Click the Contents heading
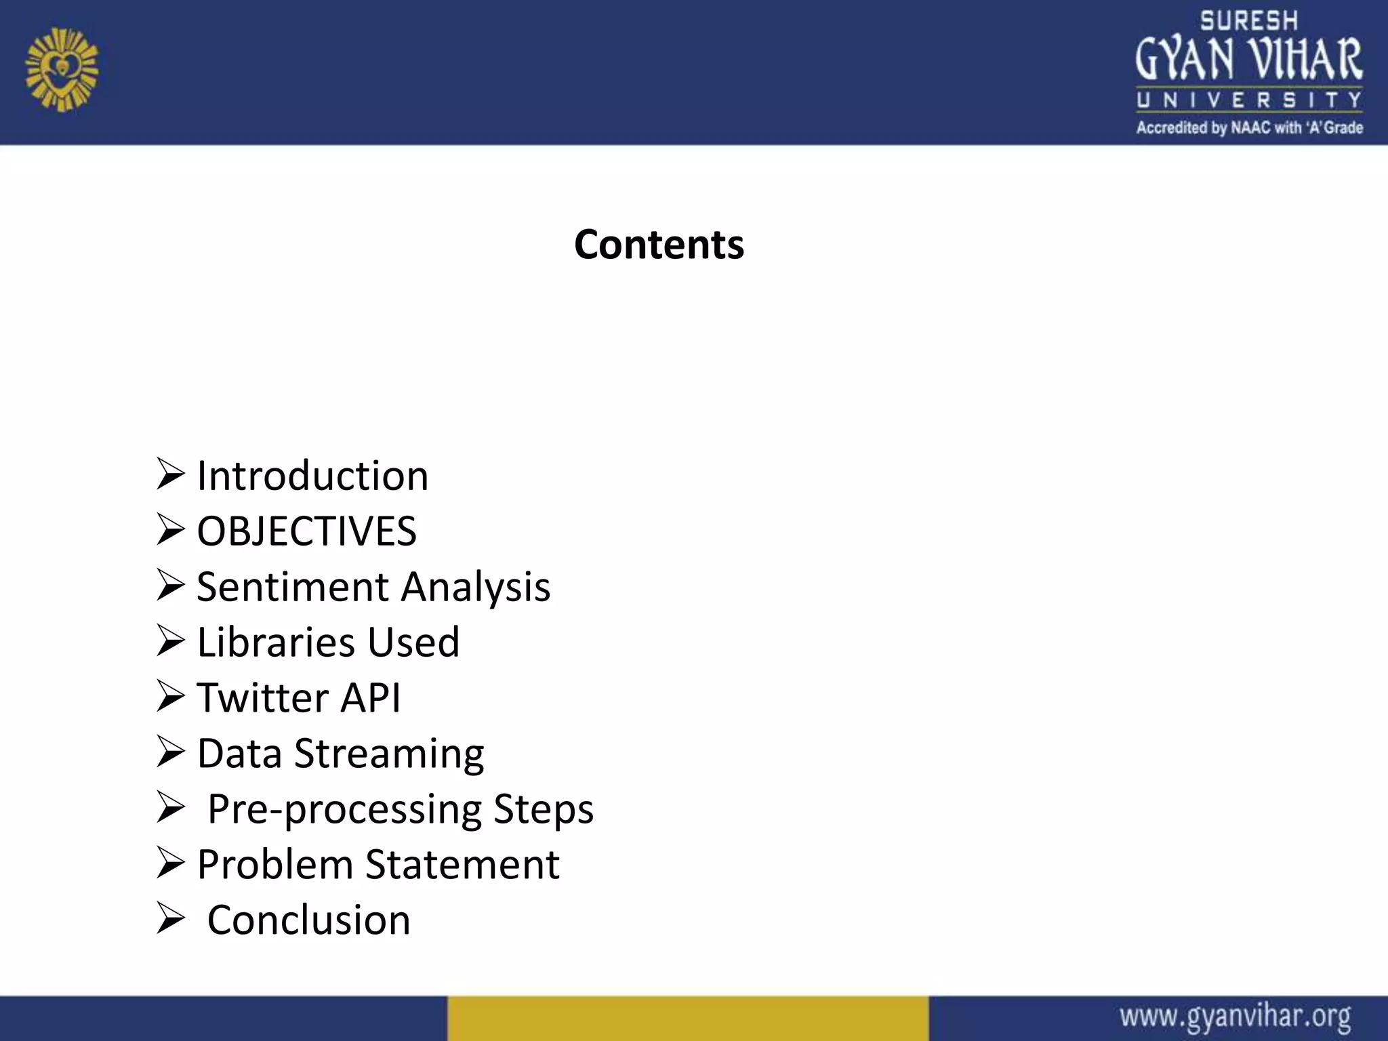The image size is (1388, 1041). pos(659,244)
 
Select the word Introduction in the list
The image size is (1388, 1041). pos(312,476)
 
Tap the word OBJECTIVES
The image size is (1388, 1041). pos(306,531)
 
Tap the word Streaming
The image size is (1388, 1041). pos(389,754)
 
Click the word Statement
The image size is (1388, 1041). pos(463,865)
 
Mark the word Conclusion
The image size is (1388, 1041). pos(309,920)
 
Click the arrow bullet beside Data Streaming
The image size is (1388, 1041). pos(170,752)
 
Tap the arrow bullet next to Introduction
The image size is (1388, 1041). pos(170,474)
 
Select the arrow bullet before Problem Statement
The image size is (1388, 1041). pos(170,863)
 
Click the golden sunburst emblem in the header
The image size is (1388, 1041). pos(62,70)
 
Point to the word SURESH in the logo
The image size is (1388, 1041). pos(1249,22)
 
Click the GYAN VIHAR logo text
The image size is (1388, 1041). pos(1249,60)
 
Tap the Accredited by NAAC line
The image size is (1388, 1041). pos(1249,127)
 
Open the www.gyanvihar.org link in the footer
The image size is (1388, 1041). pos(1235,1017)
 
